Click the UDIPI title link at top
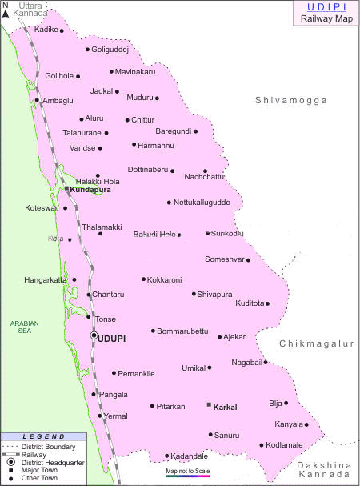tap(322, 6)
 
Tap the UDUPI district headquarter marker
tap(94, 337)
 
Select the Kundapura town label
tap(90, 190)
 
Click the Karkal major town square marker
tap(209, 406)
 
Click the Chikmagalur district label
tap(316, 343)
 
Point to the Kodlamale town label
tap(286, 445)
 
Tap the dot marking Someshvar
tap(248, 259)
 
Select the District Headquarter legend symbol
tap(10, 462)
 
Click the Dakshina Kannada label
tap(325, 471)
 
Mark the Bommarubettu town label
tap(183, 331)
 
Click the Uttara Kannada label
tap(31, 9)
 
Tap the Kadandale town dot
tap(166, 456)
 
